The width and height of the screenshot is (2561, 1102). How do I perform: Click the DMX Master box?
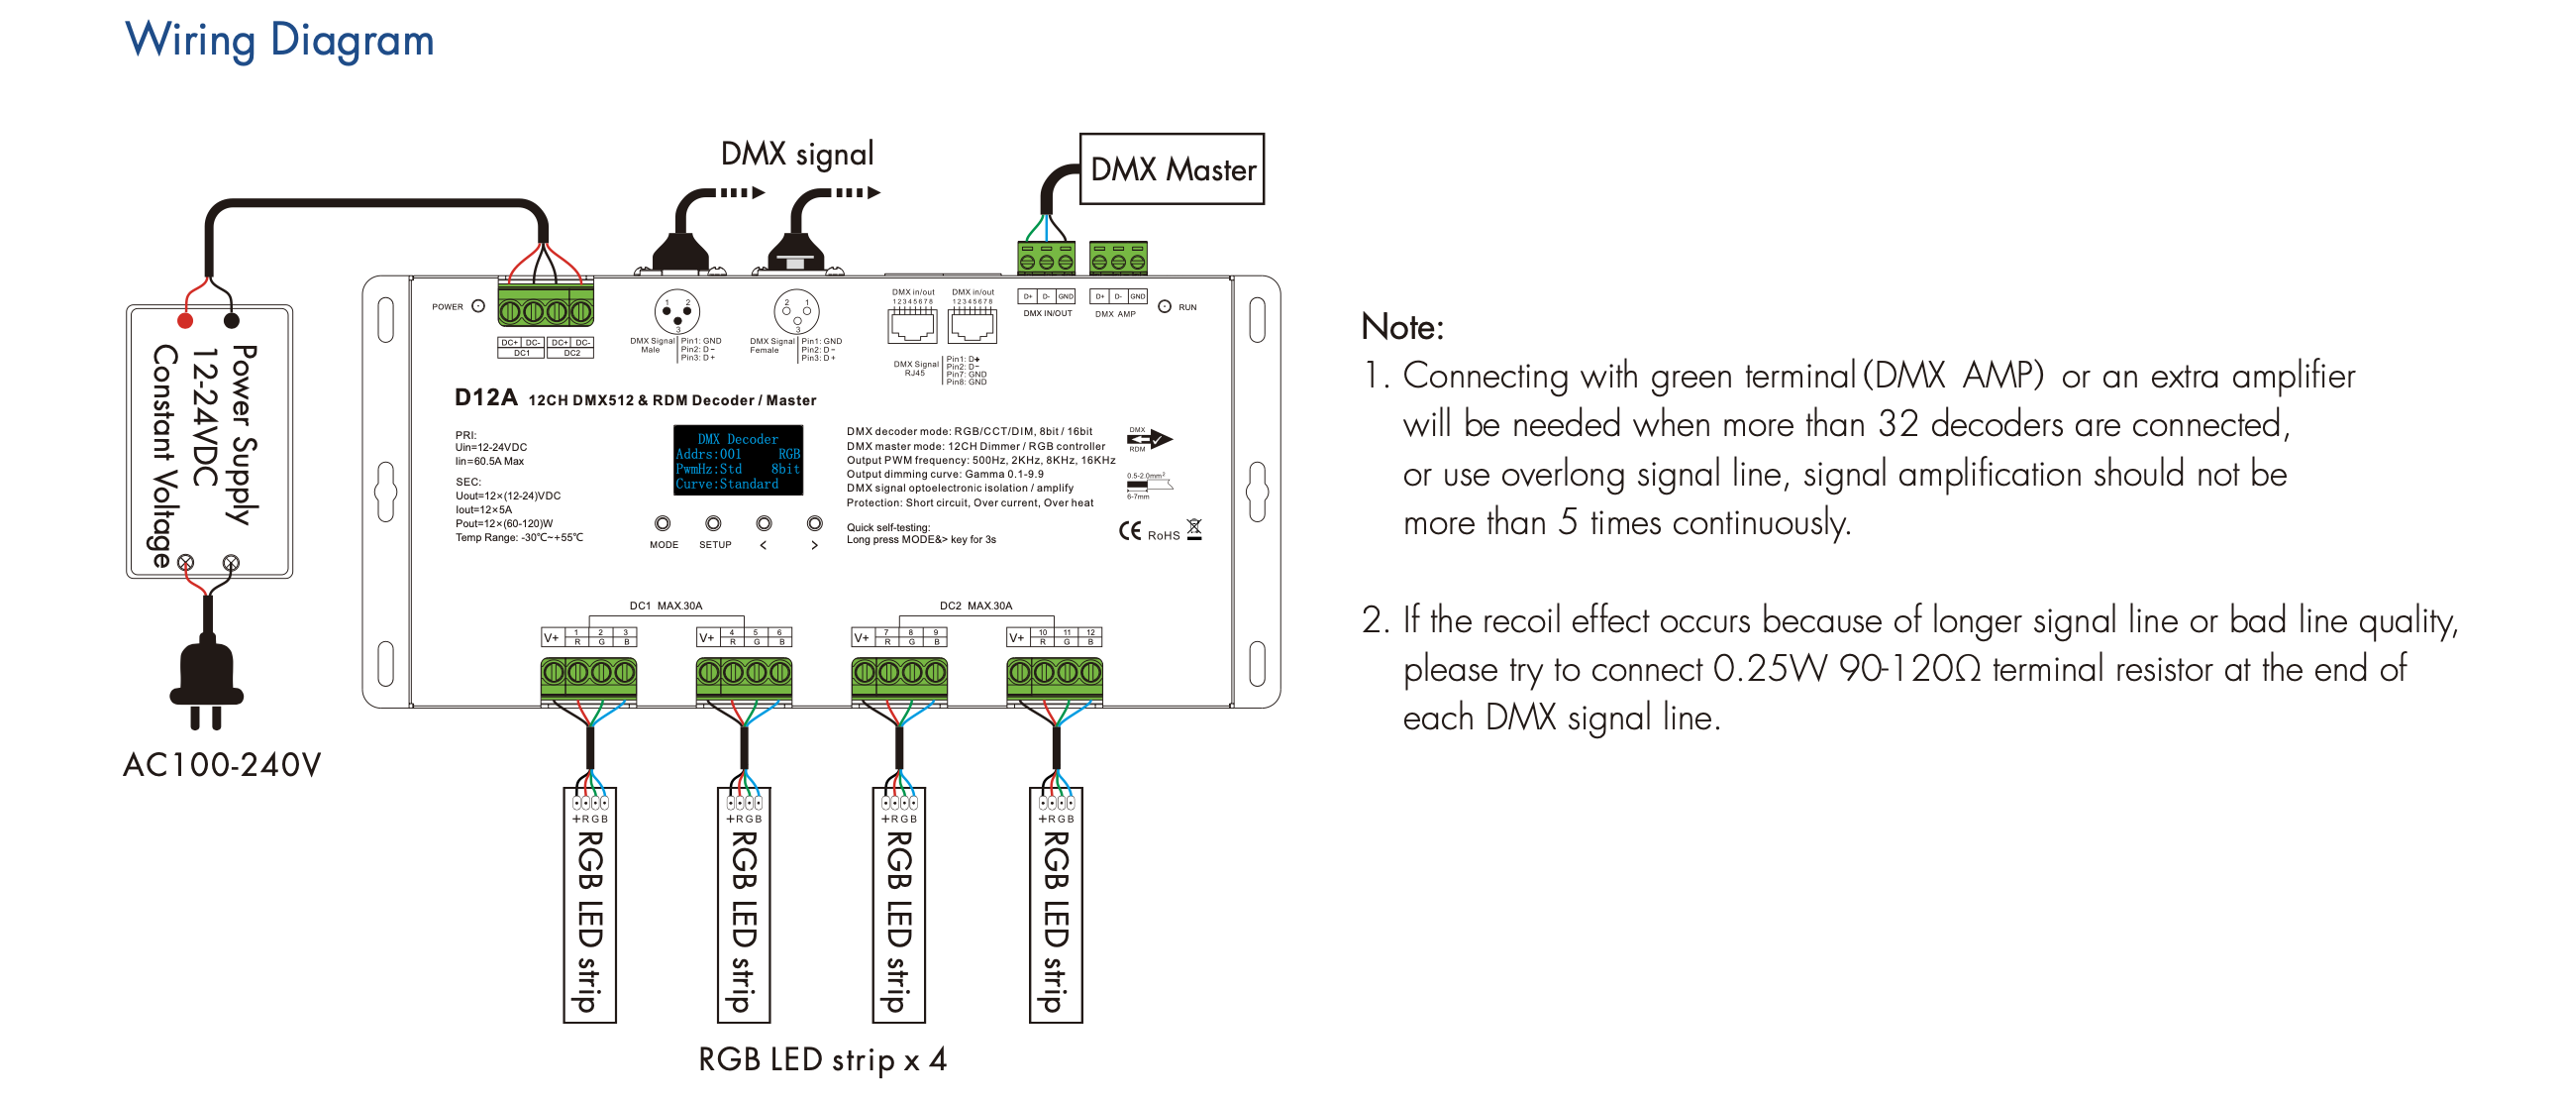tap(1172, 169)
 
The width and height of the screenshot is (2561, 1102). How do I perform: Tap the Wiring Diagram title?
tap(279, 41)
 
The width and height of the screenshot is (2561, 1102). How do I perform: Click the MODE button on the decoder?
tap(663, 524)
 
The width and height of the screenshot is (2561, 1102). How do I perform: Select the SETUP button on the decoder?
tap(713, 524)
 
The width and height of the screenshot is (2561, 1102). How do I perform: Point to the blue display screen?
tap(738, 461)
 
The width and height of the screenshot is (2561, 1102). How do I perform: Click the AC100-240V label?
tap(222, 765)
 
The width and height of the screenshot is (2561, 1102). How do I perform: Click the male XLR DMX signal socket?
tap(677, 312)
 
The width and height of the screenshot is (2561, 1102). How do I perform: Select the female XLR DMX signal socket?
tap(796, 312)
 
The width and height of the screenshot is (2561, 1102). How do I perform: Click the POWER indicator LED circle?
tap(478, 306)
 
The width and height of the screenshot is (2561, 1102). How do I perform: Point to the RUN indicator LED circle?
tap(1165, 306)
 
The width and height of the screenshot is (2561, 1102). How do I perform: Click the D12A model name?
tap(485, 397)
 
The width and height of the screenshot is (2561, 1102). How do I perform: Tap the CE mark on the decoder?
tap(1129, 531)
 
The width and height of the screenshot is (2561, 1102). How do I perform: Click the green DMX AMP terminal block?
tap(1118, 259)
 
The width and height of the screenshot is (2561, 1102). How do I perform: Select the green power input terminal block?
tap(545, 310)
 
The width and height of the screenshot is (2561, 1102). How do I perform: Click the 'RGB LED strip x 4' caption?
tap(821, 1059)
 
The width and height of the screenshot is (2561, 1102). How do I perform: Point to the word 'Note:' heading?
tap(1401, 327)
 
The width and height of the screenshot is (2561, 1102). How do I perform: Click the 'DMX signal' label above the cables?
tap(796, 155)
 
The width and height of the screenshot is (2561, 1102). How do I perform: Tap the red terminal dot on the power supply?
tap(185, 320)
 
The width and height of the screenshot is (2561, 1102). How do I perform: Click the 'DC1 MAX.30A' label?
tap(666, 606)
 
